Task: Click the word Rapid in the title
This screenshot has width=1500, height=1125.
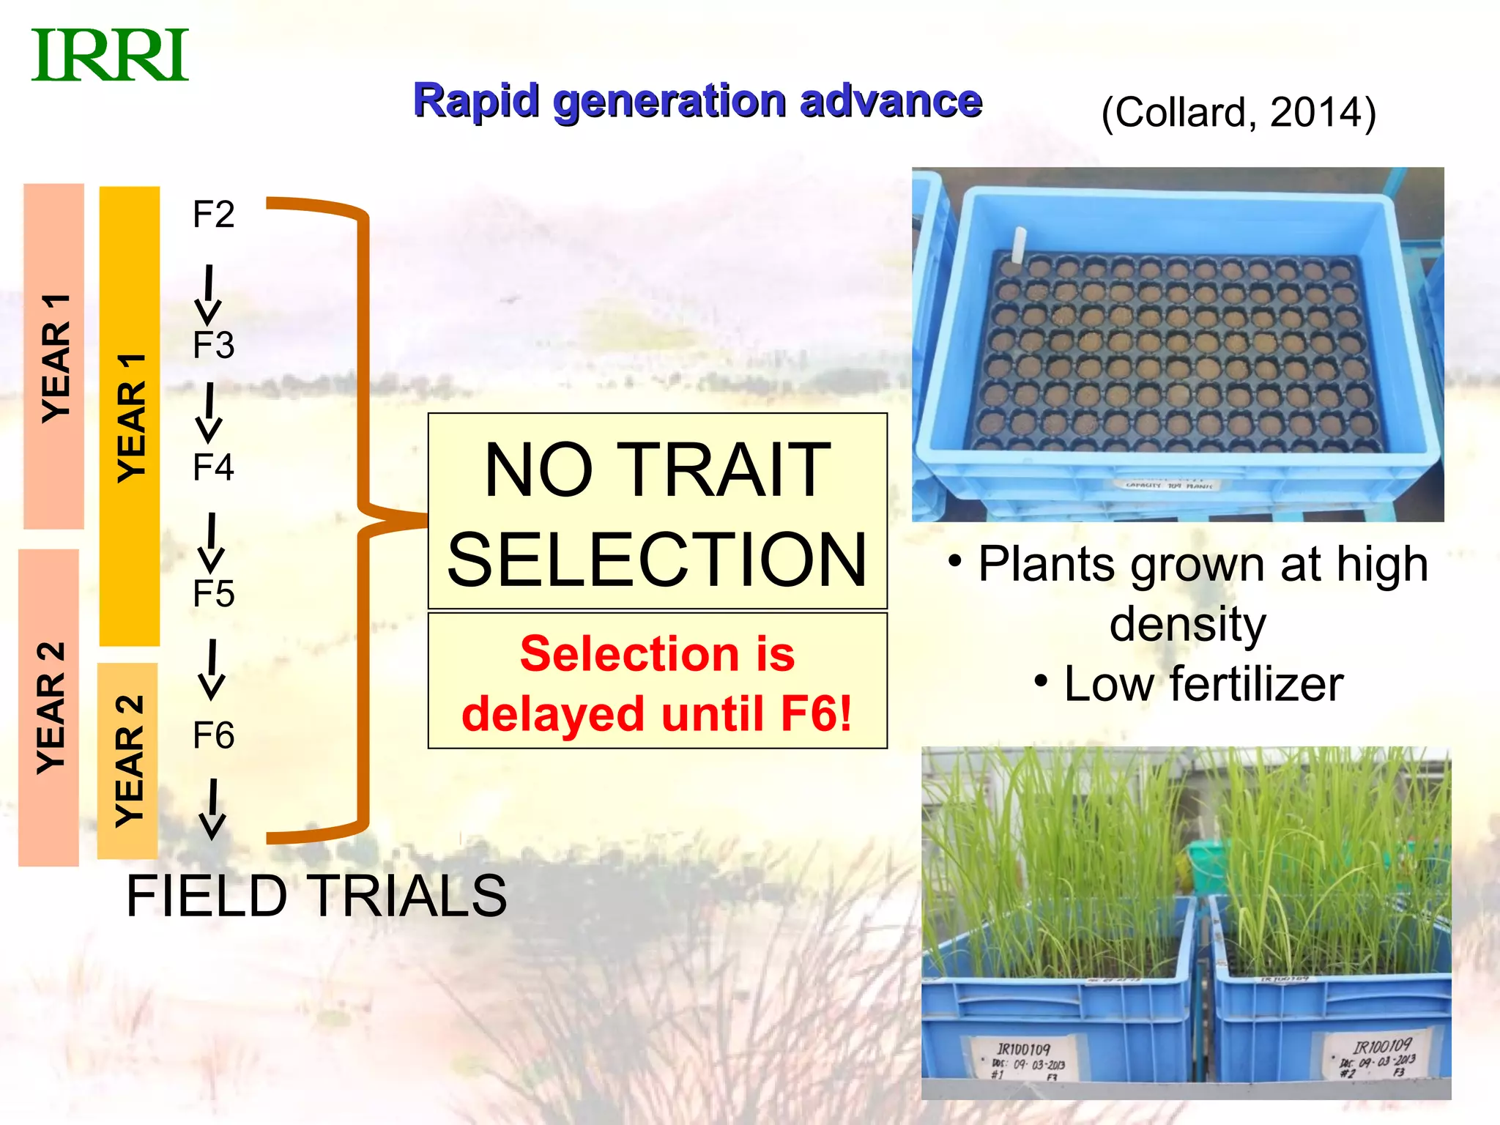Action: (476, 100)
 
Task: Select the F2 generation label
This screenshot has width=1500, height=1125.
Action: (213, 215)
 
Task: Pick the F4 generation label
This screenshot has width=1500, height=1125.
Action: (213, 467)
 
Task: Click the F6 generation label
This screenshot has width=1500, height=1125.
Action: (213, 735)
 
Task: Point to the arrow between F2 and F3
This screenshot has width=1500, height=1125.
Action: (209, 294)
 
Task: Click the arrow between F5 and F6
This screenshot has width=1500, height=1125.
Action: (212, 669)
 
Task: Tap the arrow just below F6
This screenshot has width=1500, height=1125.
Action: (212, 809)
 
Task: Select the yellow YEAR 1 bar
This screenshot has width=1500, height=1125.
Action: (130, 416)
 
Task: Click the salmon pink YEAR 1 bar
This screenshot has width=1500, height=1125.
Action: (54, 357)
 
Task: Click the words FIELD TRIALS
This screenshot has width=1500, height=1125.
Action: (316, 896)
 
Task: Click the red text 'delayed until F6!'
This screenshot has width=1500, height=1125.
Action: (657, 714)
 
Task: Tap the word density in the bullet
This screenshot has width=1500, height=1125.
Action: (1187, 624)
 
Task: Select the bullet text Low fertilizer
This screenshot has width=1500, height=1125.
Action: (1203, 684)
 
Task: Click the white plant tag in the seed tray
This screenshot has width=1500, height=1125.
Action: (1019, 244)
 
